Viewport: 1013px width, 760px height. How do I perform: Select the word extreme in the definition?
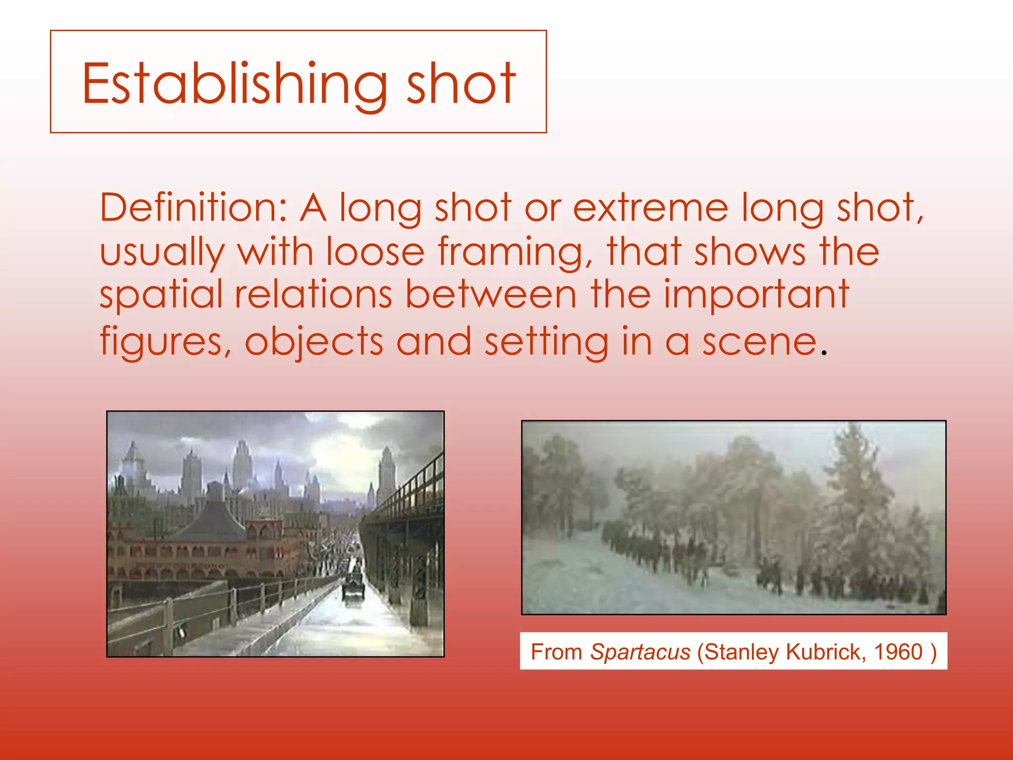650,208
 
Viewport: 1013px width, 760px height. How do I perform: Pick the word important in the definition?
756,294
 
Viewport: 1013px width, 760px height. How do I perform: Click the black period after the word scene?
824,353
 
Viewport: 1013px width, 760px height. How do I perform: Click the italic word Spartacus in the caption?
640,652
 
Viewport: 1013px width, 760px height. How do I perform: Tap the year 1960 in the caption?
898,652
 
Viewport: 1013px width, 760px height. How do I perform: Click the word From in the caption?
556,652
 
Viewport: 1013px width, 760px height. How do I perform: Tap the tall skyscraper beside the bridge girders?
386,475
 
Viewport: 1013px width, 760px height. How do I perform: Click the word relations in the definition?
314,295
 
